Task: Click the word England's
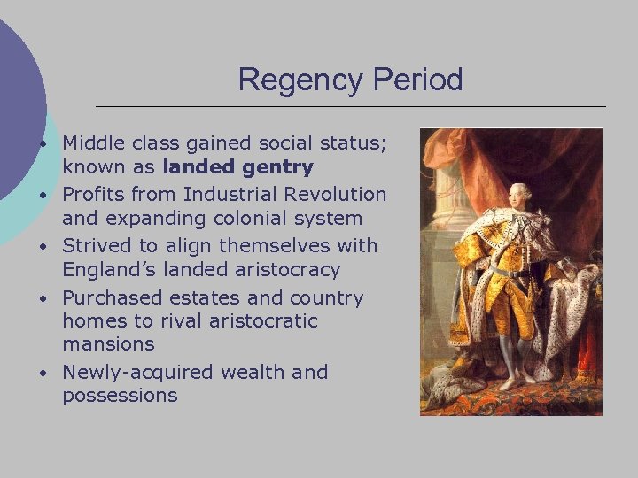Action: [x=111, y=269]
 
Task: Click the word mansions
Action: [x=108, y=343]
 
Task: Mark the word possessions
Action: [x=120, y=396]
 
